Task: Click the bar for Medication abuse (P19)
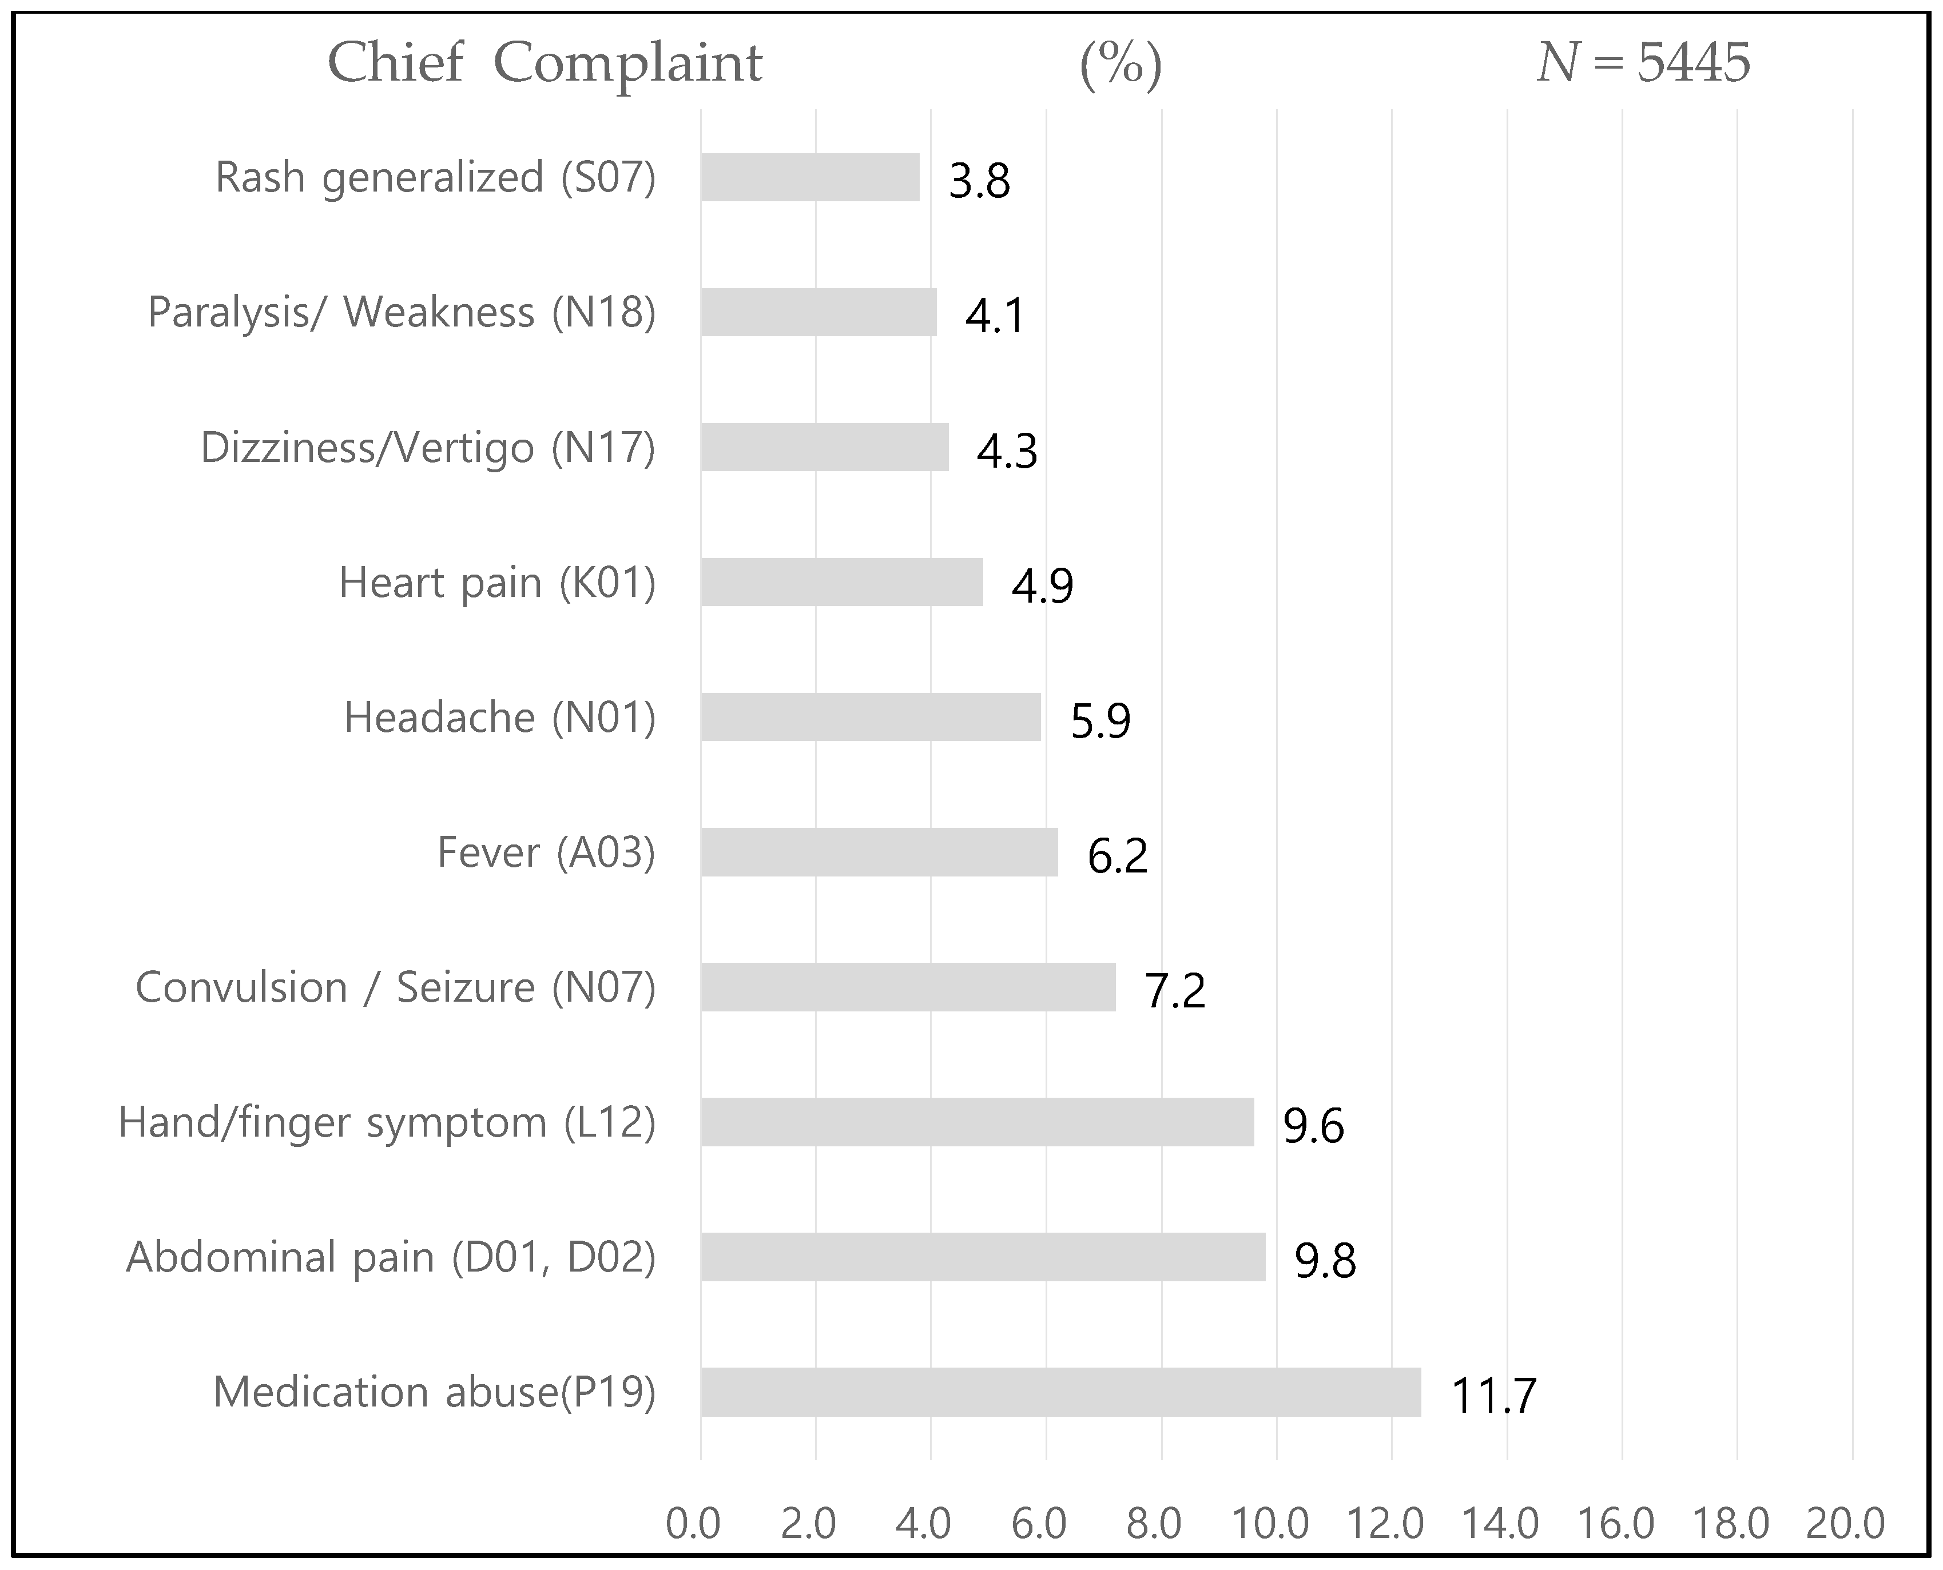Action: tap(1060, 1392)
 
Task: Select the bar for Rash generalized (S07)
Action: tap(809, 177)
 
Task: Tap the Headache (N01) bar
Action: tap(870, 717)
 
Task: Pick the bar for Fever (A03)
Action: tap(879, 852)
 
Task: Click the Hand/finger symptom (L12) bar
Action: tap(977, 1122)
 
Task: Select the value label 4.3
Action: tap(1007, 451)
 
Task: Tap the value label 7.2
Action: tap(1175, 990)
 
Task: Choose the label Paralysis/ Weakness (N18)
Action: tap(402, 313)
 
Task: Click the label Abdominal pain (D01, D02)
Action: tap(391, 1257)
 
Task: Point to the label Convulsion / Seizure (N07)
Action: tap(395, 987)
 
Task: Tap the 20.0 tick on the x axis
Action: tap(1845, 1524)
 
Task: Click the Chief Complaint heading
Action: tap(545, 63)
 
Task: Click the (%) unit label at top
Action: tap(1120, 65)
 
